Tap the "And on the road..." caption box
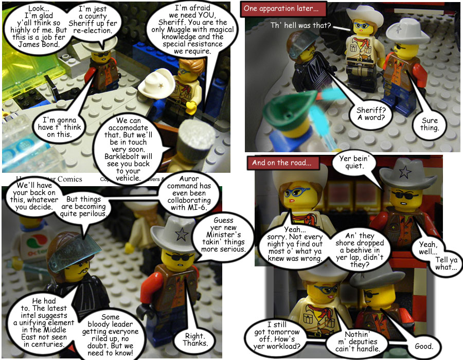(281, 163)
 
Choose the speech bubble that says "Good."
(424, 345)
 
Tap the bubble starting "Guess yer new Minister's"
(227, 236)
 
